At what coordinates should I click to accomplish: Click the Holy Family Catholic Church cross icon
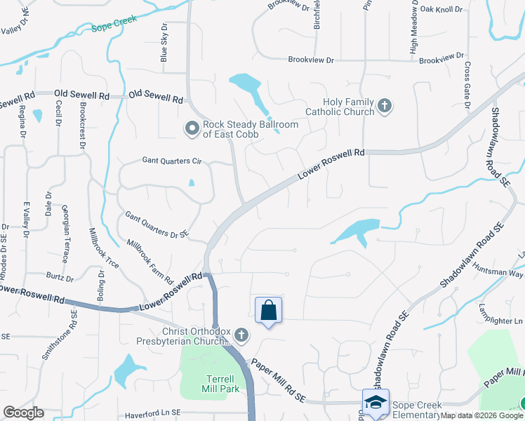384,107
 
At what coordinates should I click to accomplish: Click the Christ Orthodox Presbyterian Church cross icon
241,335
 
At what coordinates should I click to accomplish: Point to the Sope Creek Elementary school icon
376,403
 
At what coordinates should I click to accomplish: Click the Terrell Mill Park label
211,383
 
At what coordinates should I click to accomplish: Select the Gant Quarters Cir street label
172,161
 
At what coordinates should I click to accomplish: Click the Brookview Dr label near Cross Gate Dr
441,59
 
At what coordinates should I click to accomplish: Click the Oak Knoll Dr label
441,10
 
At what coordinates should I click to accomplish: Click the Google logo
23,413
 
